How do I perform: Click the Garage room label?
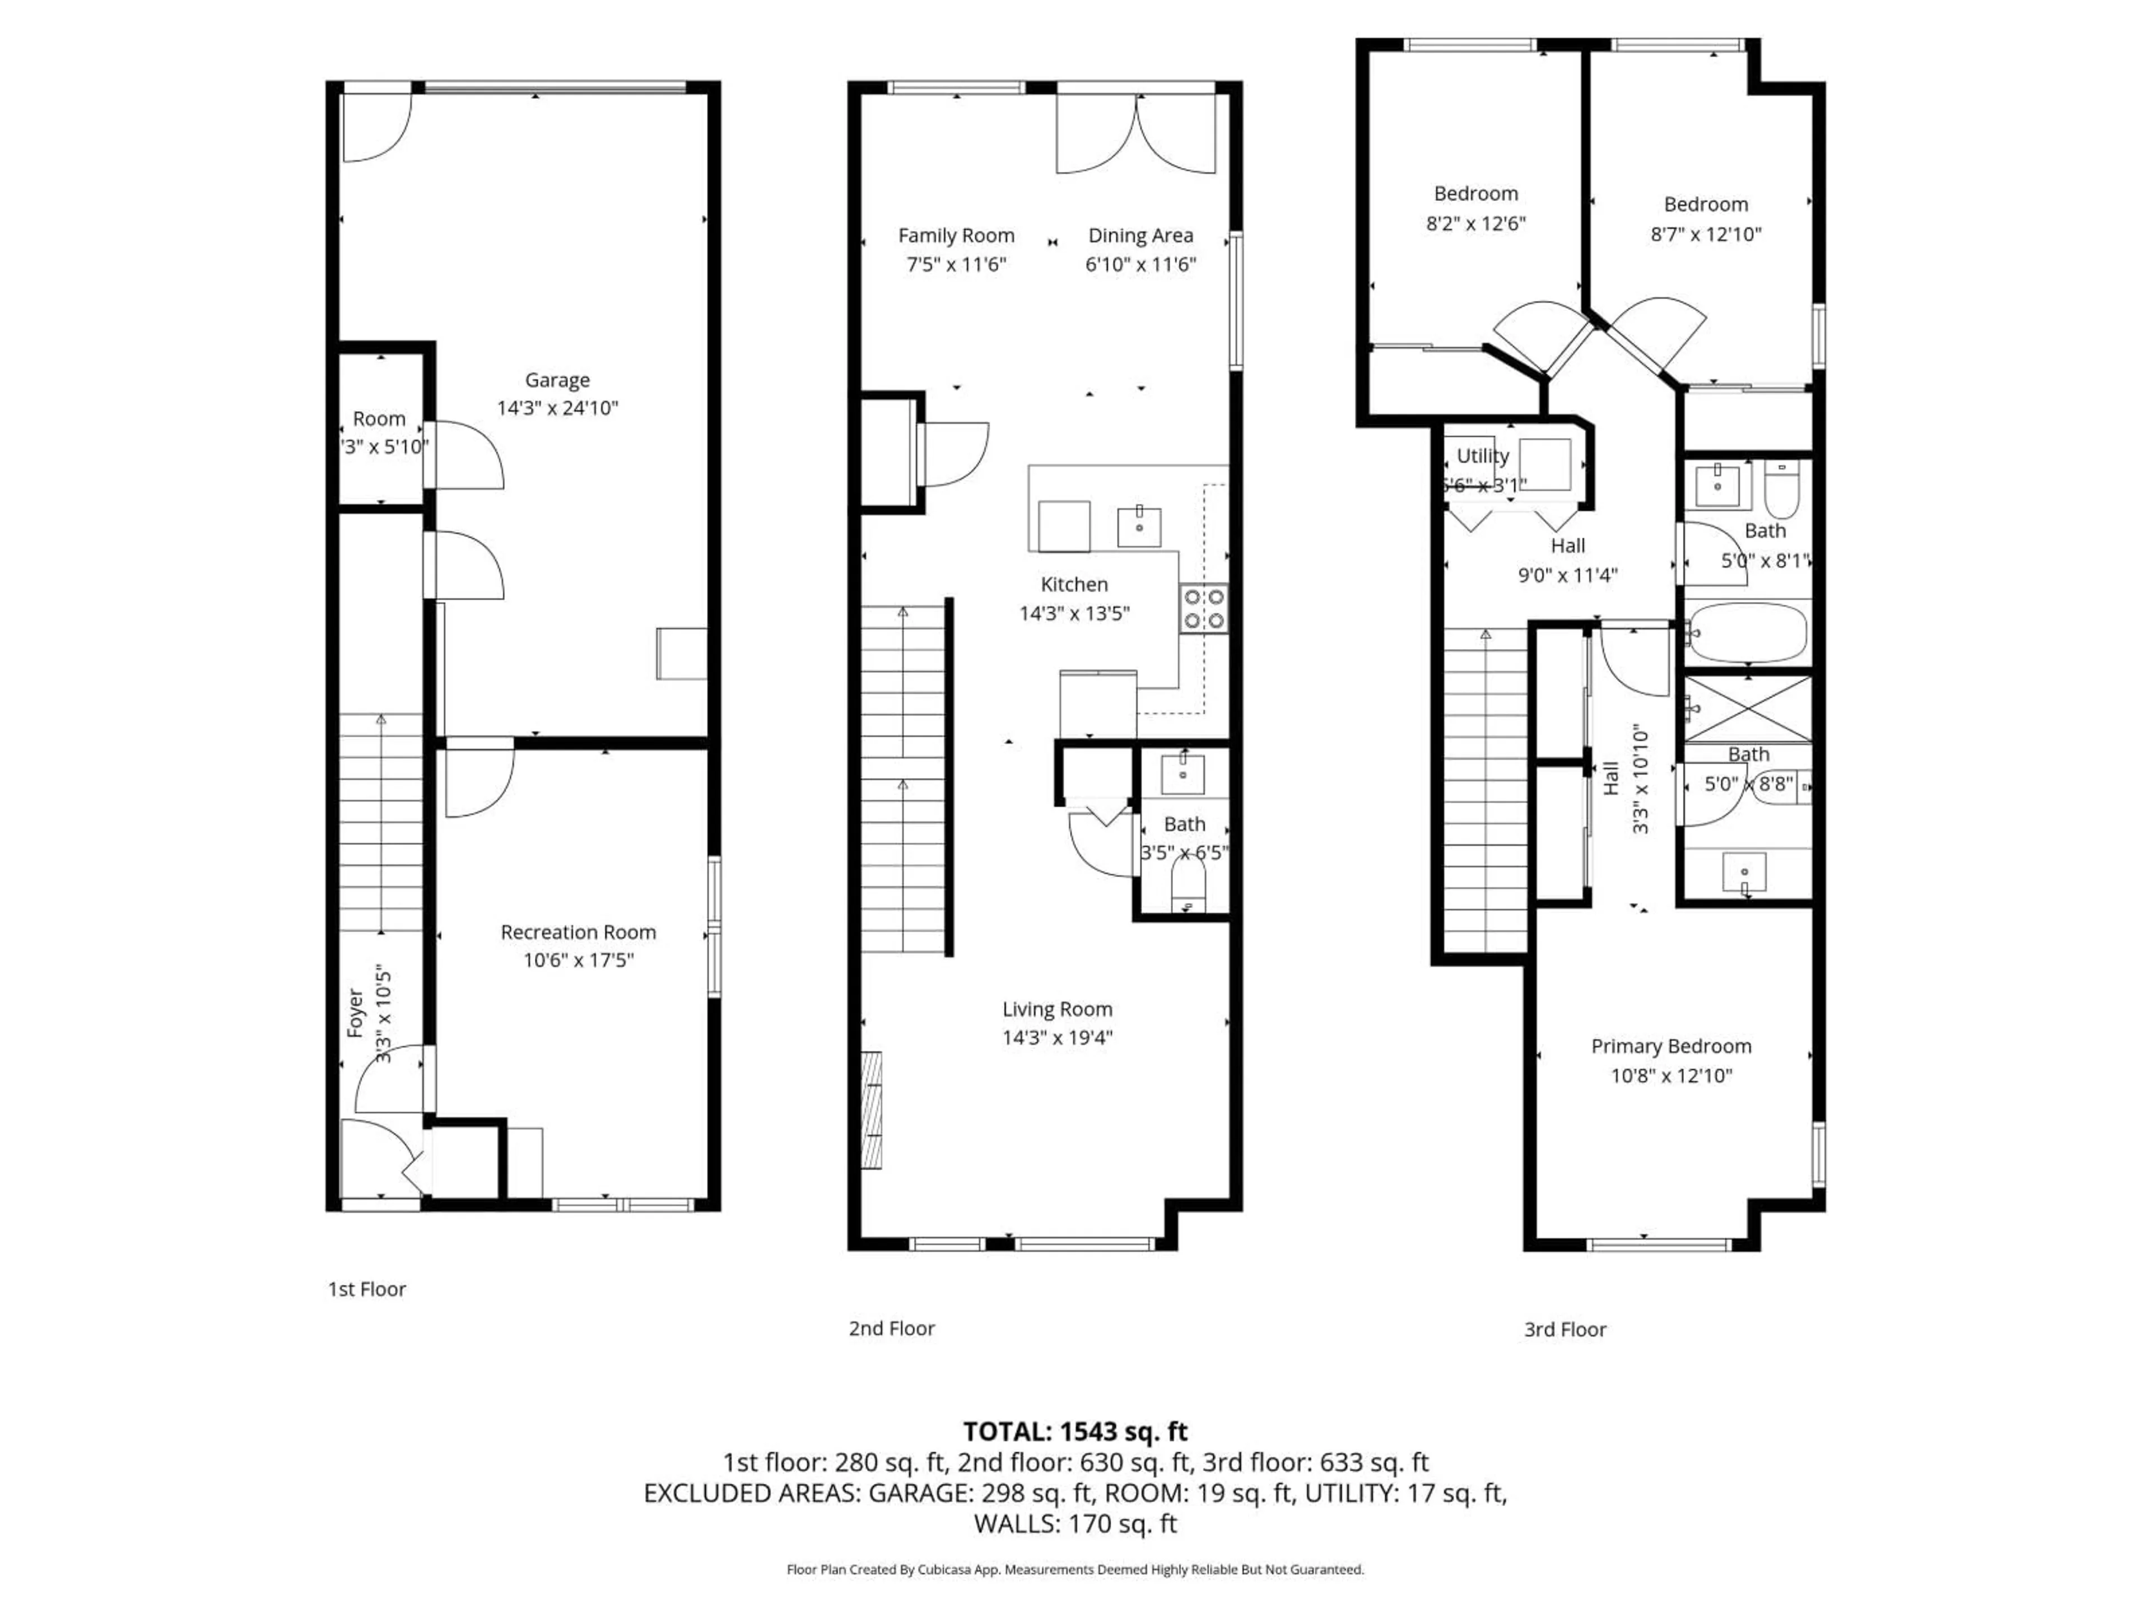click(557, 380)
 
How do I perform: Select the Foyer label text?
click(355, 1013)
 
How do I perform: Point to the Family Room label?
click(956, 235)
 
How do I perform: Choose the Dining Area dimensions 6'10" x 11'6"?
click(1140, 264)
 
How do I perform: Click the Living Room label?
click(1057, 1009)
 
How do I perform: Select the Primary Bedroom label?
click(1670, 1046)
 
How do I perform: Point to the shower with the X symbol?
click(1748, 709)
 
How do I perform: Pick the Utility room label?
click(1482, 456)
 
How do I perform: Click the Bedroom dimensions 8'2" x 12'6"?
click(1475, 223)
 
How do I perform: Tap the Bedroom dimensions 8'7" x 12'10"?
click(1706, 234)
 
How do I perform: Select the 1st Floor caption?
click(366, 1289)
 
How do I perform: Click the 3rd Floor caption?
click(1565, 1329)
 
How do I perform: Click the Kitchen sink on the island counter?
click(1139, 526)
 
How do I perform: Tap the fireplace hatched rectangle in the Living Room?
click(871, 1109)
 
